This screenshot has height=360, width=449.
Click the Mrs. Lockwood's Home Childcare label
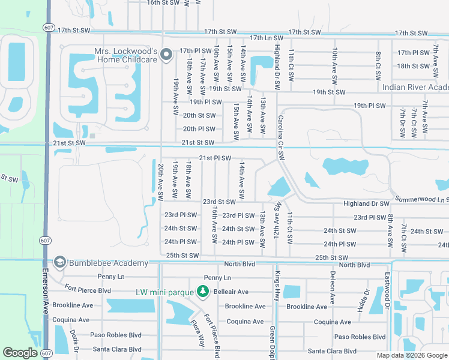pos(125,56)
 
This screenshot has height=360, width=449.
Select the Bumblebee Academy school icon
pos(59,263)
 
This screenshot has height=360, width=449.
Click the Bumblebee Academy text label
pos(108,263)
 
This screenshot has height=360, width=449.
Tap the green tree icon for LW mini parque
pos(203,292)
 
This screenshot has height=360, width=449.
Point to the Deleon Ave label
pos(332,286)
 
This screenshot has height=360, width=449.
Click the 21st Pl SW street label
pos(215,158)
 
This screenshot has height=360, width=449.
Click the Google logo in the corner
pos(20,353)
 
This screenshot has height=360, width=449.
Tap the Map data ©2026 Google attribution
pos(411,355)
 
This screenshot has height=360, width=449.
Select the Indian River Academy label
pos(416,88)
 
